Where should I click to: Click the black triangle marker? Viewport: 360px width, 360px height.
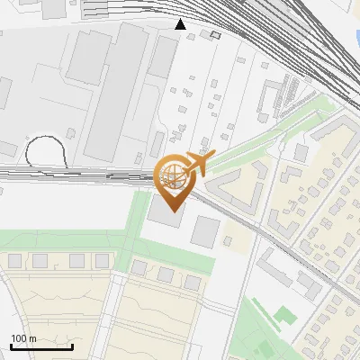tap(181, 24)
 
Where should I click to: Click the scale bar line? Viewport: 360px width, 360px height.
tap(41, 346)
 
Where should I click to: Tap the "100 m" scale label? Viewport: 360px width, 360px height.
tap(24, 338)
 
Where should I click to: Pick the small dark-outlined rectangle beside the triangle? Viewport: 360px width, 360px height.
tap(215, 35)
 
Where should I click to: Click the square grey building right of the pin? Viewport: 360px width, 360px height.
tap(205, 231)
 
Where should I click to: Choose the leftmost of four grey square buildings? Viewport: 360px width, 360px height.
tap(14, 261)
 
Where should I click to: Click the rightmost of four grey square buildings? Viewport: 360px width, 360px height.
tap(101, 260)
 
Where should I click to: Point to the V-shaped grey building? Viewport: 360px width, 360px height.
tap(235, 186)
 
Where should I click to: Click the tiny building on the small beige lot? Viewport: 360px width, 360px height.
tap(230, 240)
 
